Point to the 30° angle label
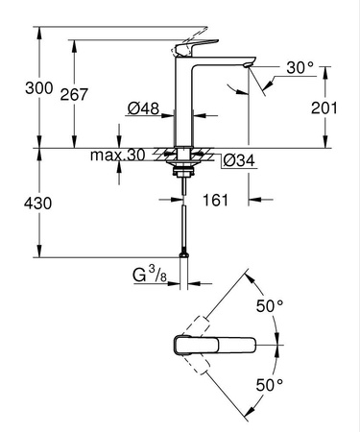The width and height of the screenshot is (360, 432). point(300,68)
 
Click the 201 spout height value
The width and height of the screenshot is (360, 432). point(324,108)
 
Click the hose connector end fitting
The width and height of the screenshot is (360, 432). point(182,252)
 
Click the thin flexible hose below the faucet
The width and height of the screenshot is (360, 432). point(182,221)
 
